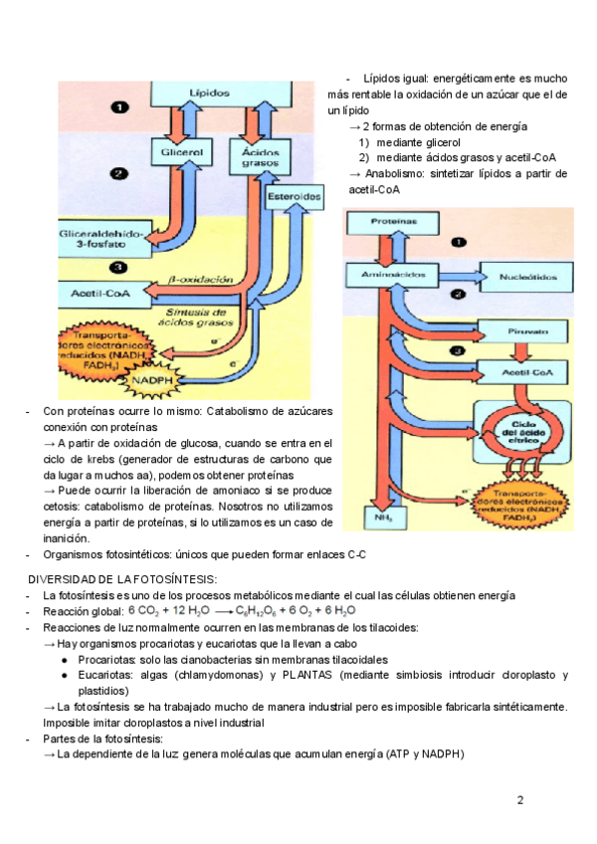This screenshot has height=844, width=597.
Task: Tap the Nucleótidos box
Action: (522, 274)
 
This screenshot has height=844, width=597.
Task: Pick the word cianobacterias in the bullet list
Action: (195, 659)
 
